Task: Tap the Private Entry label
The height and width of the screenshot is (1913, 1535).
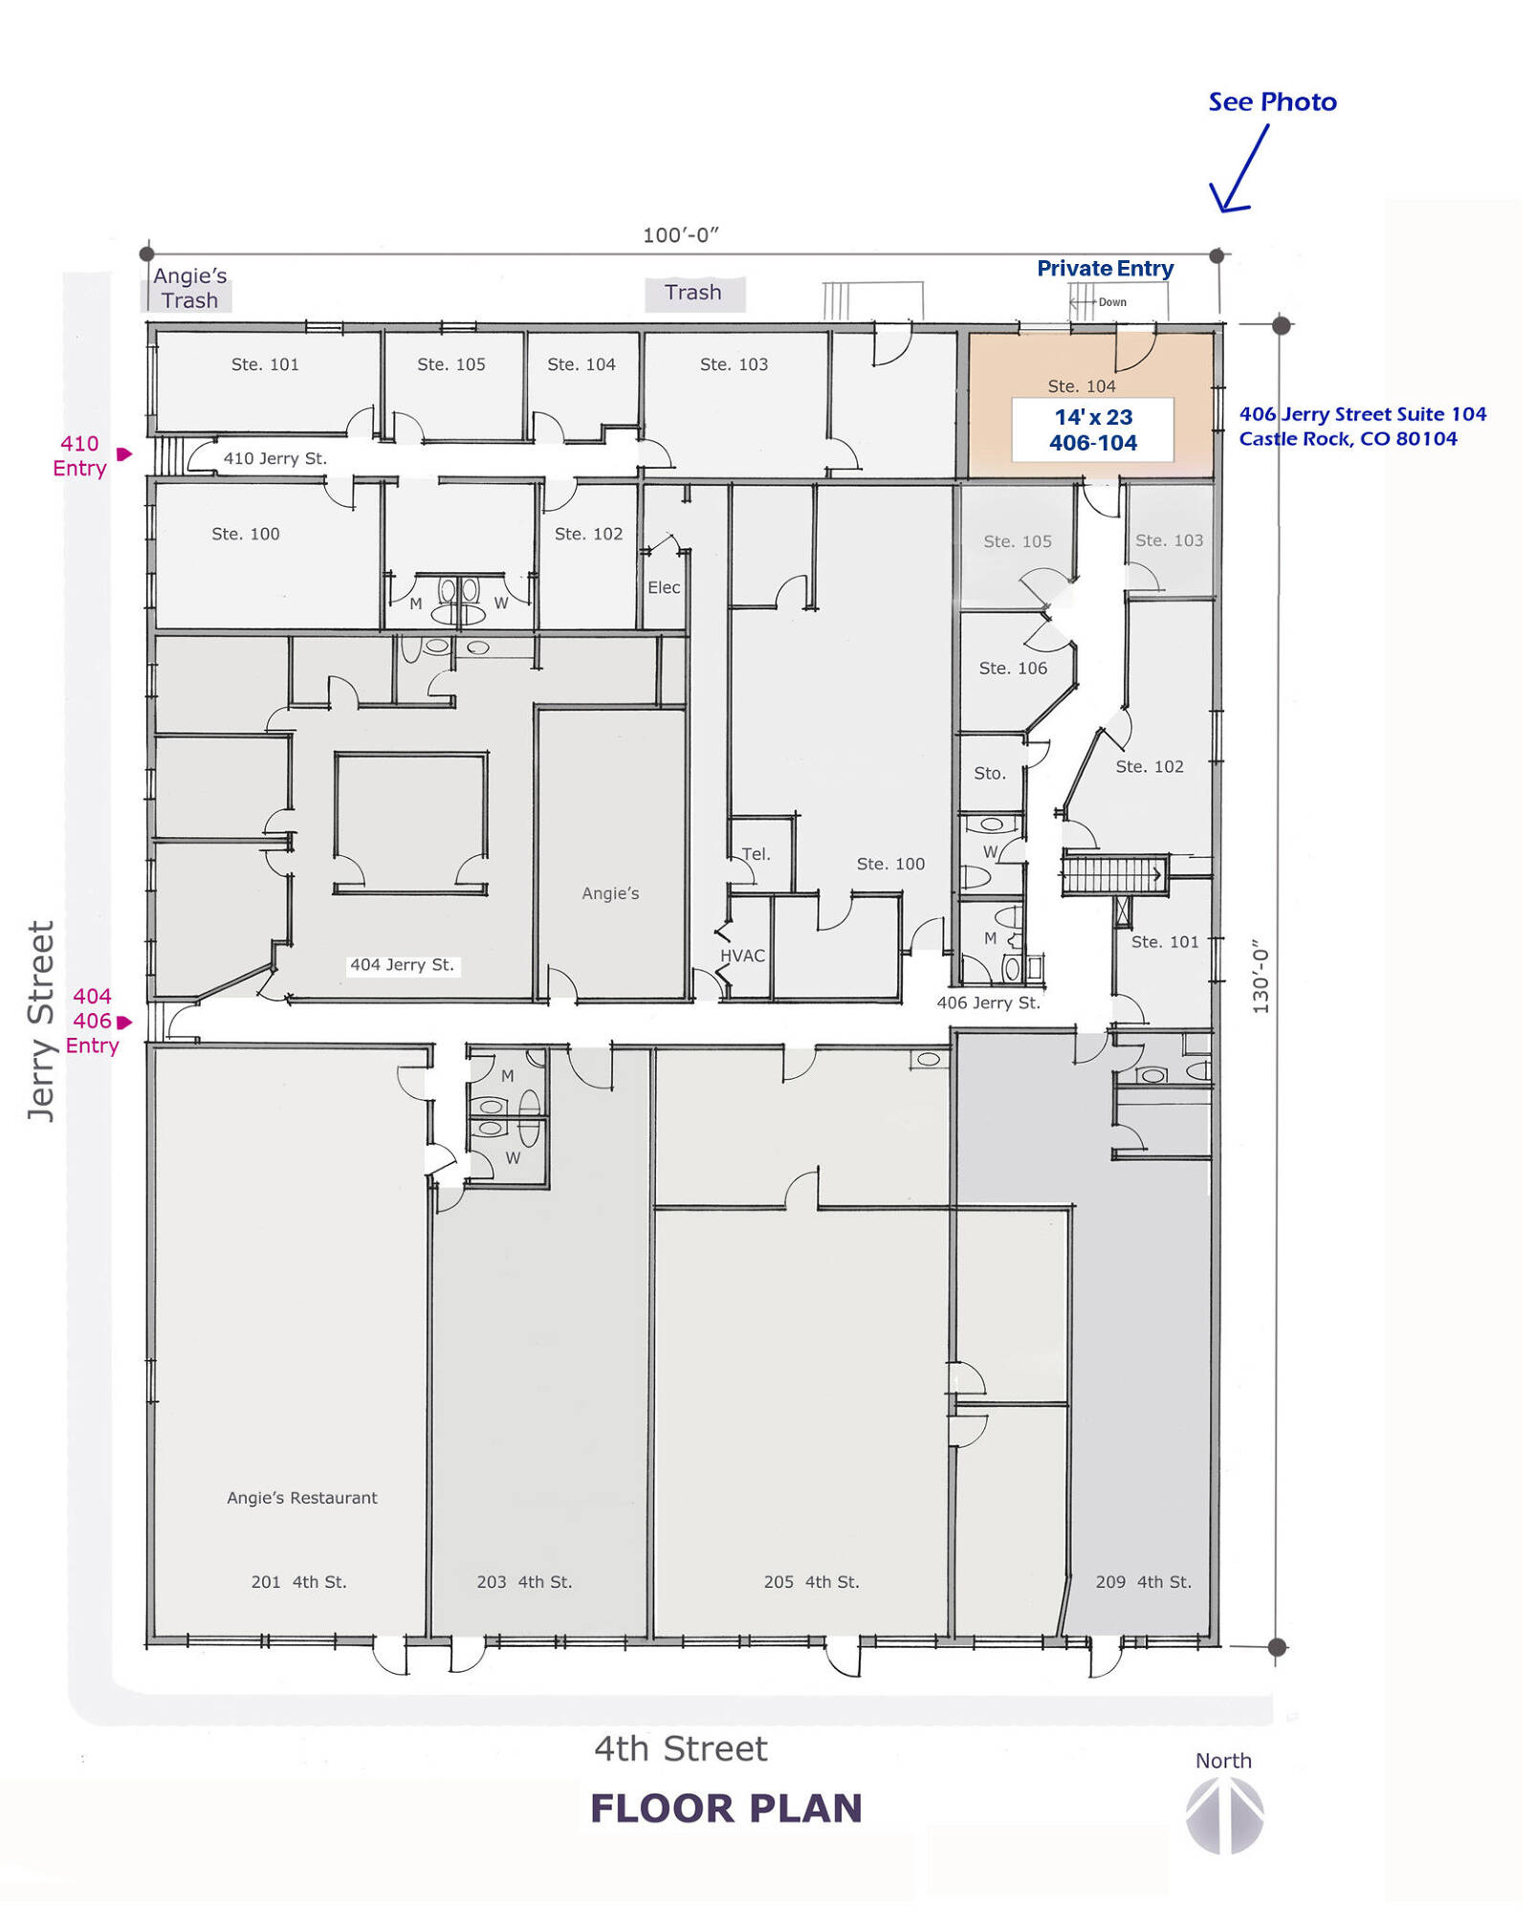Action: click(x=1105, y=269)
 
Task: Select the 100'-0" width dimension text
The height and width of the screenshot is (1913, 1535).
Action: click(x=680, y=235)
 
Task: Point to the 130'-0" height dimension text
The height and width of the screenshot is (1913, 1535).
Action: click(x=1261, y=976)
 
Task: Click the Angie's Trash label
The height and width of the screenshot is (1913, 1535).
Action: click(x=189, y=288)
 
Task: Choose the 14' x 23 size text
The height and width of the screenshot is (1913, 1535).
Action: click(x=1093, y=417)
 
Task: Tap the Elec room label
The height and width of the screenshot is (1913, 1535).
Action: click(x=664, y=587)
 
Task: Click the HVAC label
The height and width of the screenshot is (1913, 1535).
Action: click(x=742, y=956)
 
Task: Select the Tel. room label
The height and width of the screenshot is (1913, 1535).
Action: click(x=756, y=854)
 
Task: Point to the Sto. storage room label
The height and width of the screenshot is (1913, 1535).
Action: click(x=990, y=773)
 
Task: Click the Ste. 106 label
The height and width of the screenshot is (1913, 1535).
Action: click(x=1013, y=668)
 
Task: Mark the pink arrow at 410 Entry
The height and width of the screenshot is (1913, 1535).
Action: click(x=124, y=453)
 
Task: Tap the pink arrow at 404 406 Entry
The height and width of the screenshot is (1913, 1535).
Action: click(x=124, y=1022)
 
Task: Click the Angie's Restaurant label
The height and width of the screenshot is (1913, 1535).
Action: click(x=302, y=1498)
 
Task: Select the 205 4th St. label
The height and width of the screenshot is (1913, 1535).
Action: click(x=811, y=1582)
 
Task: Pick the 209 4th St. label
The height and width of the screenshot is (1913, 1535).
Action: click(x=1143, y=1582)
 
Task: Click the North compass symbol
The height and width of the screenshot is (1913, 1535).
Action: click(x=1225, y=1815)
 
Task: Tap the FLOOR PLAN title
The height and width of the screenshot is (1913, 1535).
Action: click(x=726, y=1809)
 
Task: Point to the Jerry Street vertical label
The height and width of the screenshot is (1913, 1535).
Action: click(x=40, y=1021)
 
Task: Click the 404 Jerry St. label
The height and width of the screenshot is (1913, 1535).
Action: click(x=402, y=965)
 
